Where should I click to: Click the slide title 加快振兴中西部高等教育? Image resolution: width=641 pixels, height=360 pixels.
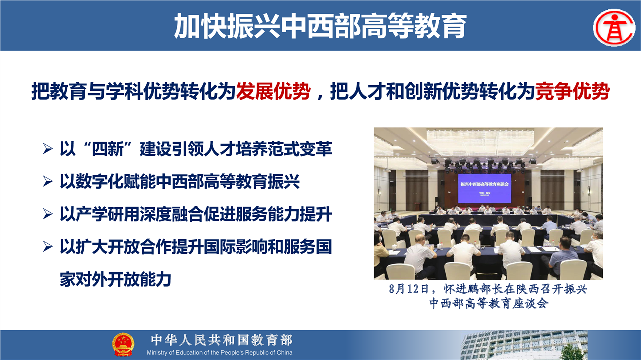(320, 26)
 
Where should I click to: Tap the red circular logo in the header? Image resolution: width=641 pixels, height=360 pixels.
(614, 28)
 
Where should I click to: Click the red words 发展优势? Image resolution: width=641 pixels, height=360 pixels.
(273, 91)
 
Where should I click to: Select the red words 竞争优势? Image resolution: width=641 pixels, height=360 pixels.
(572, 91)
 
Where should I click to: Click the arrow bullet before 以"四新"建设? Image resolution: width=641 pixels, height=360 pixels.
(47, 149)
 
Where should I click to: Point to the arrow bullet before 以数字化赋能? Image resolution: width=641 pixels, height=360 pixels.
(47, 181)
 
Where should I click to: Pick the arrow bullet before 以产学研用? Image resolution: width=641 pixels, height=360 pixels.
(47, 214)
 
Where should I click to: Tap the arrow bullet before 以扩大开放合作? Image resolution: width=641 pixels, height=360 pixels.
(47, 246)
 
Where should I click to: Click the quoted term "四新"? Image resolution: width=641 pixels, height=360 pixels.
(108, 149)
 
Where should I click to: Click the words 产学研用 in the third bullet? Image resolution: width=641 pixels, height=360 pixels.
(108, 214)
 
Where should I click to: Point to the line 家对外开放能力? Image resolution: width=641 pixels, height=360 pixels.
(115, 279)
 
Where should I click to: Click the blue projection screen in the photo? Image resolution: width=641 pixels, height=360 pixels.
(484, 188)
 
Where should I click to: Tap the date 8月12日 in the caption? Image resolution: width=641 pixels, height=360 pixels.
(408, 289)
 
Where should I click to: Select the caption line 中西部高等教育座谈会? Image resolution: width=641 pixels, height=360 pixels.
(489, 303)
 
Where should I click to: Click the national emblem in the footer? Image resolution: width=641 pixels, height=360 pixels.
(123, 344)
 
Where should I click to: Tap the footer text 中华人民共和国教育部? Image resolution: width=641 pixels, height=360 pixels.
(222, 340)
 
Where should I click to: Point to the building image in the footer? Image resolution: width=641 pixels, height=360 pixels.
(524, 345)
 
